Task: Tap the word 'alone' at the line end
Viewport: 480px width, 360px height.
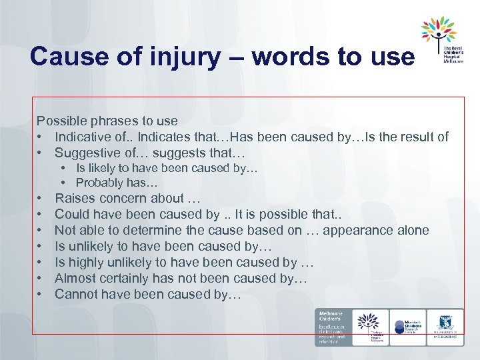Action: point(413,230)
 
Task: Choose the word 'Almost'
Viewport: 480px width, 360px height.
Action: point(75,278)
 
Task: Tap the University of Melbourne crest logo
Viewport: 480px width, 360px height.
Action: point(445,327)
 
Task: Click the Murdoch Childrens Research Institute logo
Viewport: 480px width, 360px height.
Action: point(407,327)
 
